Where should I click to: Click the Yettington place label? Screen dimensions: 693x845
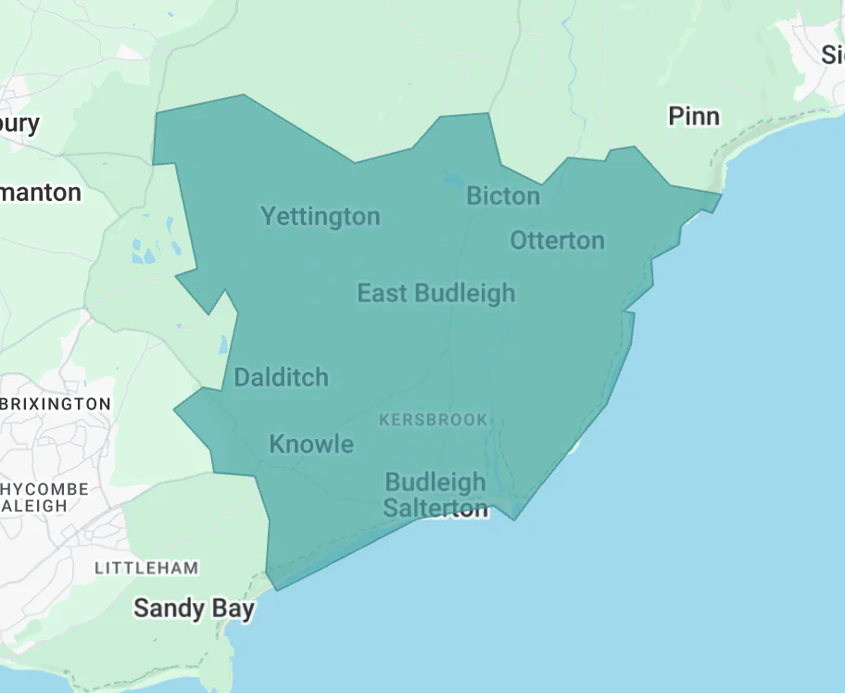(320, 217)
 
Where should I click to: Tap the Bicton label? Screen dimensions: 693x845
(502, 195)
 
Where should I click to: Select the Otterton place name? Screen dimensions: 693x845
(557, 240)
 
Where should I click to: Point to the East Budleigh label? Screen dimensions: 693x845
(435, 294)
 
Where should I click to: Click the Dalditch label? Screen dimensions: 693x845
(281, 377)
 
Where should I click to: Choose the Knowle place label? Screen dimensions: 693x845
(311, 444)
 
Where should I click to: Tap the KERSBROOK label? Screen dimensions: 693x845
(433, 420)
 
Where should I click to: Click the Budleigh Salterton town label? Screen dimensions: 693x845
(435, 495)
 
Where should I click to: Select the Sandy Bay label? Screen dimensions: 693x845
(193, 608)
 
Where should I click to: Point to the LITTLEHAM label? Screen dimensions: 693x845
(146, 567)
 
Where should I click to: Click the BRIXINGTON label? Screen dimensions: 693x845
(56, 404)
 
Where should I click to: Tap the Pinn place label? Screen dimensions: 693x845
(693, 116)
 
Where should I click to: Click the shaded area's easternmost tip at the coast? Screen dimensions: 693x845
(719, 196)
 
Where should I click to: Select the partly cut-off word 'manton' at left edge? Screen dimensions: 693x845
(41, 193)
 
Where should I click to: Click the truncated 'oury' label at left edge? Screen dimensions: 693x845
(20, 122)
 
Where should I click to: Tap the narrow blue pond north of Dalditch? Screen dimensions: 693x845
(222, 345)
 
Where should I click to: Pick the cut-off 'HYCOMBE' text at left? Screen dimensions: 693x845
(45, 488)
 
